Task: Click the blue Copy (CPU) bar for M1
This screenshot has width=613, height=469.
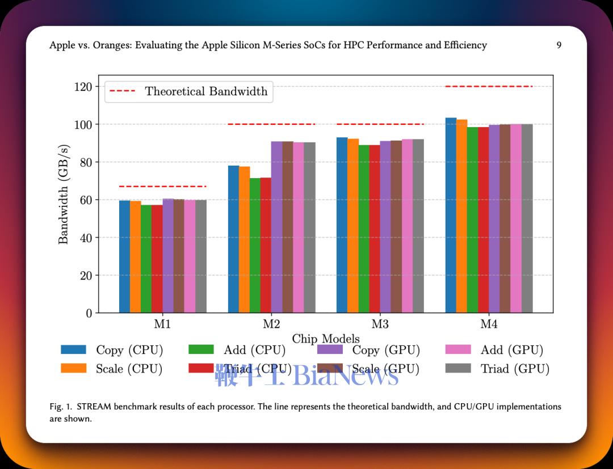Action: (x=124, y=256)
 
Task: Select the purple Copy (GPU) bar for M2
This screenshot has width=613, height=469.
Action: (x=277, y=227)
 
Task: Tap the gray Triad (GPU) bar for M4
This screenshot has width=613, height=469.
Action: (x=527, y=218)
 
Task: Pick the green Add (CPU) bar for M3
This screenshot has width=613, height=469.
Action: (x=364, y=229)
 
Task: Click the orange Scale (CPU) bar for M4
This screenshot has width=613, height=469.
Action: (x=461, y=216)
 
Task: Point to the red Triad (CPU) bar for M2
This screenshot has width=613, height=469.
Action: (x=266, y=245)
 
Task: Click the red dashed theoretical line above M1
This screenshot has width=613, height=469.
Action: (x=163, y=186)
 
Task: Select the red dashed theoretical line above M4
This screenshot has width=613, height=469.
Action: (x=489, y=86)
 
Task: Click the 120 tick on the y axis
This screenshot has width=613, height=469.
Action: (x=83, y=87)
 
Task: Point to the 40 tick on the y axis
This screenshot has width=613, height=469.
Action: (x=86, y=238)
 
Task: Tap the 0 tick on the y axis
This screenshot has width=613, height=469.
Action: (x=89, y=313)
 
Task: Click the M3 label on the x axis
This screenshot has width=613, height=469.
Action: (x=380, y=324)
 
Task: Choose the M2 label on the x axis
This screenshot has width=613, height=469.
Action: (x=271, y=324)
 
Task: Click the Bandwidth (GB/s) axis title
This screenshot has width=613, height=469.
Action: (x=64, y=194)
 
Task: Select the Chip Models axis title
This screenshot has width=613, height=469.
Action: (x=326, y=338)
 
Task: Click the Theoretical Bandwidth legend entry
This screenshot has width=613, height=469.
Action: (x=189, y=91)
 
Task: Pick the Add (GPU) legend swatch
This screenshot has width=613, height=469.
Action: (x=458, y=349)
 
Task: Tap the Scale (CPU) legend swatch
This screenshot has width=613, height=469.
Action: (x=73, y=368)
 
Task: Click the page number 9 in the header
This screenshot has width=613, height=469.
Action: (x=559, y=45)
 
